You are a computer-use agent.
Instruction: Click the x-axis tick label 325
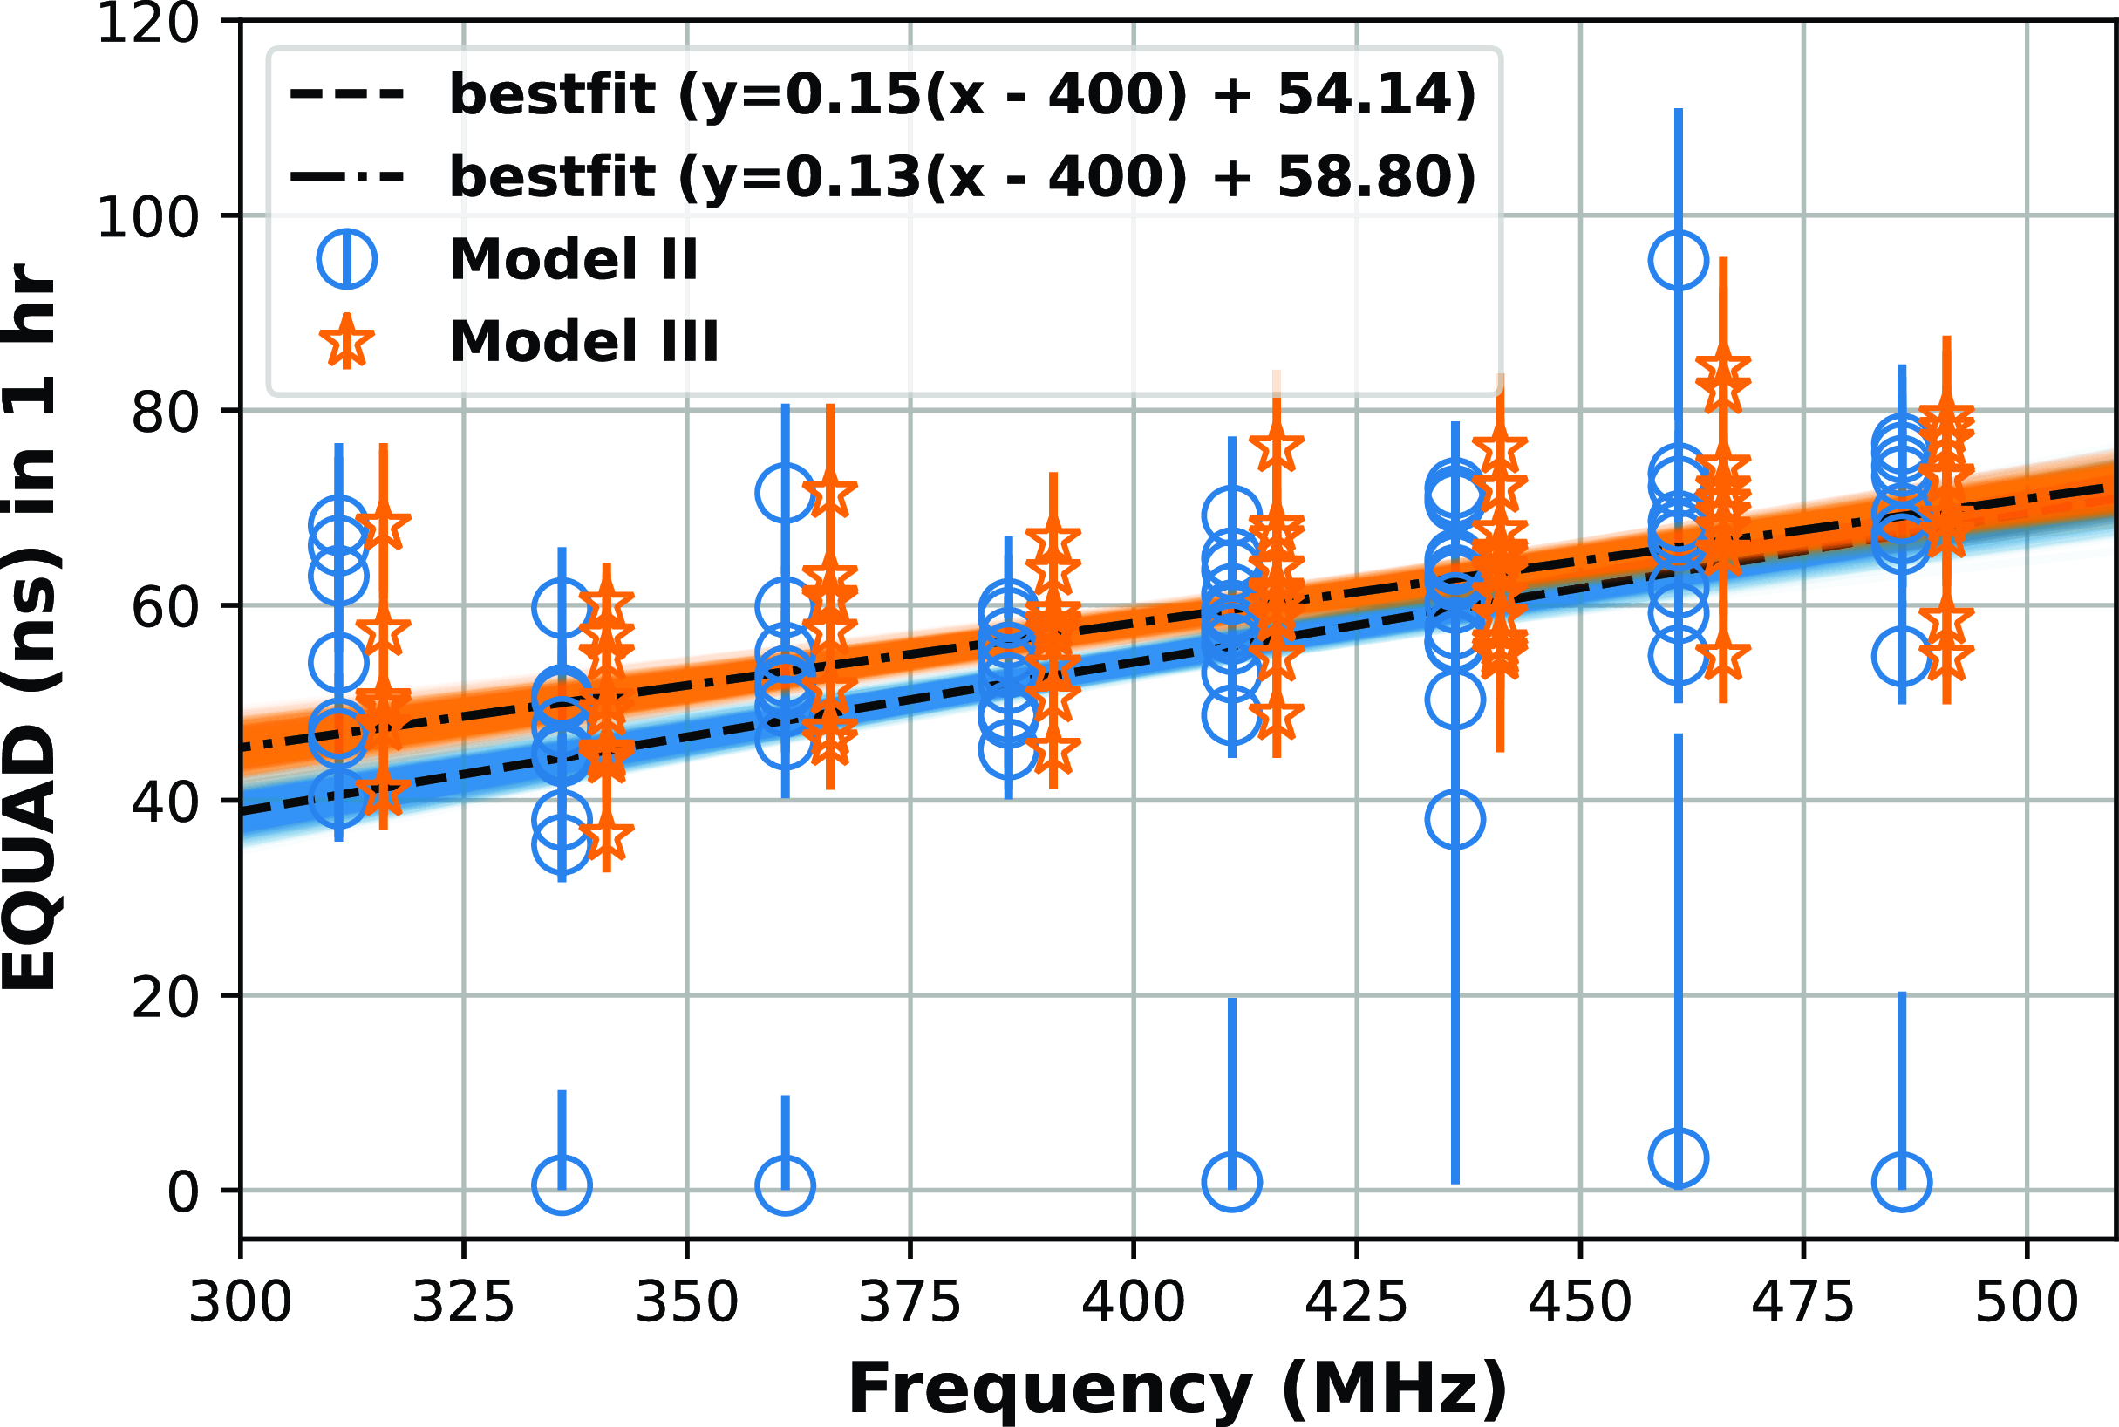[463, 1303]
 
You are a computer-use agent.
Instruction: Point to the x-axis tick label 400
[1133, 1303]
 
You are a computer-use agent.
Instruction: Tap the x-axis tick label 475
[1802, 1303]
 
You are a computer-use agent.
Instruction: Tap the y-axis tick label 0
[183, 1192]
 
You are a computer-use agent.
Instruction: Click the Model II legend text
[573, 259]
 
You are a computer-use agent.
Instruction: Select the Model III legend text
[584, 342]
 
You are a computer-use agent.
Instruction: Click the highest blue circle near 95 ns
[1678, 260]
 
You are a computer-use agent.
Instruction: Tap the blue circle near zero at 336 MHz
[562, 1185]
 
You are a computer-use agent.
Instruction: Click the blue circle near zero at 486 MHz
[1902, 1182]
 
